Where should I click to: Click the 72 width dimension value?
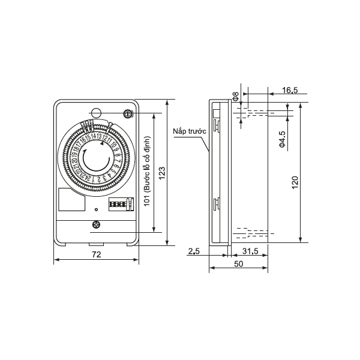click(x=96, y=254)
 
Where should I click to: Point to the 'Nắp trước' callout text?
click(x=189, y=130)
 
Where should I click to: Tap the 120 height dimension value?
click(x=295, y=182)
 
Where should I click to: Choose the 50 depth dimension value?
click(x=238, y=264)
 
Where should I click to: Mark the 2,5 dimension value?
click(x=193, y=251)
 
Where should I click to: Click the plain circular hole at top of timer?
click(x=96, y=113)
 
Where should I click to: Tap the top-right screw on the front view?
click(x=127, y=114)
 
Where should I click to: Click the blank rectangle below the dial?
click(x=71, y=200)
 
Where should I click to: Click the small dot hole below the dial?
click(x=96, y=209)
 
